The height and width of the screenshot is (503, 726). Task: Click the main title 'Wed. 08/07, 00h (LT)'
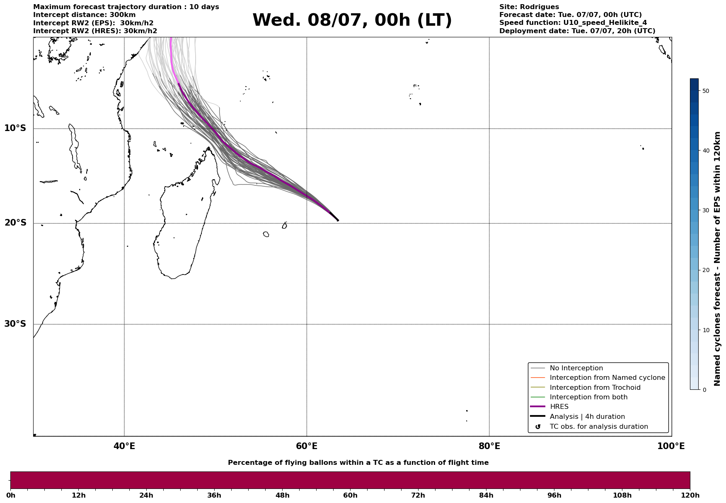(x=352, y=20)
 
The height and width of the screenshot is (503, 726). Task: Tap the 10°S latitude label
(x=15, y=128)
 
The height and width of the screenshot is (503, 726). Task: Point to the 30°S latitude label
(x=15, y=324)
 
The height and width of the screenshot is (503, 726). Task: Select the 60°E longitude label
(x=307, y=446)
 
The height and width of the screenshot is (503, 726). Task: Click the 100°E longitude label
(x=671, y=446)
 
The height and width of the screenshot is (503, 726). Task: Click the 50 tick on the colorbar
(x=704, y=91)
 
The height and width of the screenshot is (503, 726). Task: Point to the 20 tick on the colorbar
(x=704, y=270)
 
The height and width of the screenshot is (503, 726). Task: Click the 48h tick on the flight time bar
(x=283, y=495)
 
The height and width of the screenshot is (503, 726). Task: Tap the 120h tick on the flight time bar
(x=690, y=495)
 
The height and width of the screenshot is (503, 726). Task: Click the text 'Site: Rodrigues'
(x=529, y=7)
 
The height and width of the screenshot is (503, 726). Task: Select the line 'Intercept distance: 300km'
(x=85, y=15)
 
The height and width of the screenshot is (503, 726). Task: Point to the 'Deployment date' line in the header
(x=577, y=31)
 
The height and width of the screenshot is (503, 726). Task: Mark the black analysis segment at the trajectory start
(x=334, y=216)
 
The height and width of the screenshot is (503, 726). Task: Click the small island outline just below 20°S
(x=266, y=234)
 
